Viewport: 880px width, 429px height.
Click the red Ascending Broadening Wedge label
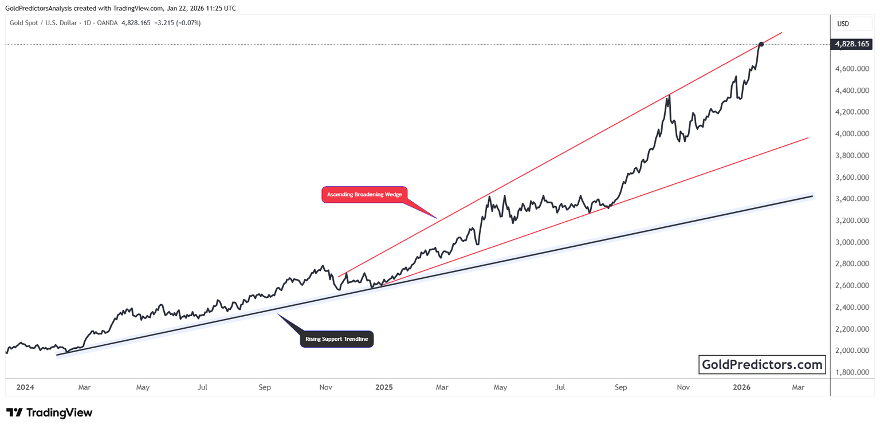pos(364,195)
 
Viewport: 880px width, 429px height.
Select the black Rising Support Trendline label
pos(337,339)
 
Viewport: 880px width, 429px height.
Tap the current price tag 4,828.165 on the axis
pos(852,44)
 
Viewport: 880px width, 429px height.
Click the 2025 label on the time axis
pos(383,388)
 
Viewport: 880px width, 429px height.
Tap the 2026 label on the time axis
pos(741,388)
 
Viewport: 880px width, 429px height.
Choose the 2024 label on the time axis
pos(25,388)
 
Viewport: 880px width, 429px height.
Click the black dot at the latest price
pos(761,44)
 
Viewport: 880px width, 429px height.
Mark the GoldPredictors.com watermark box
pos(762,364)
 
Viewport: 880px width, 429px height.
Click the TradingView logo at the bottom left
pos(49,413)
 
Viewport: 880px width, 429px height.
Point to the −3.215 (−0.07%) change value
pos(176,23)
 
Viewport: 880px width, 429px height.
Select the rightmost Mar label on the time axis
pos(798,388)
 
